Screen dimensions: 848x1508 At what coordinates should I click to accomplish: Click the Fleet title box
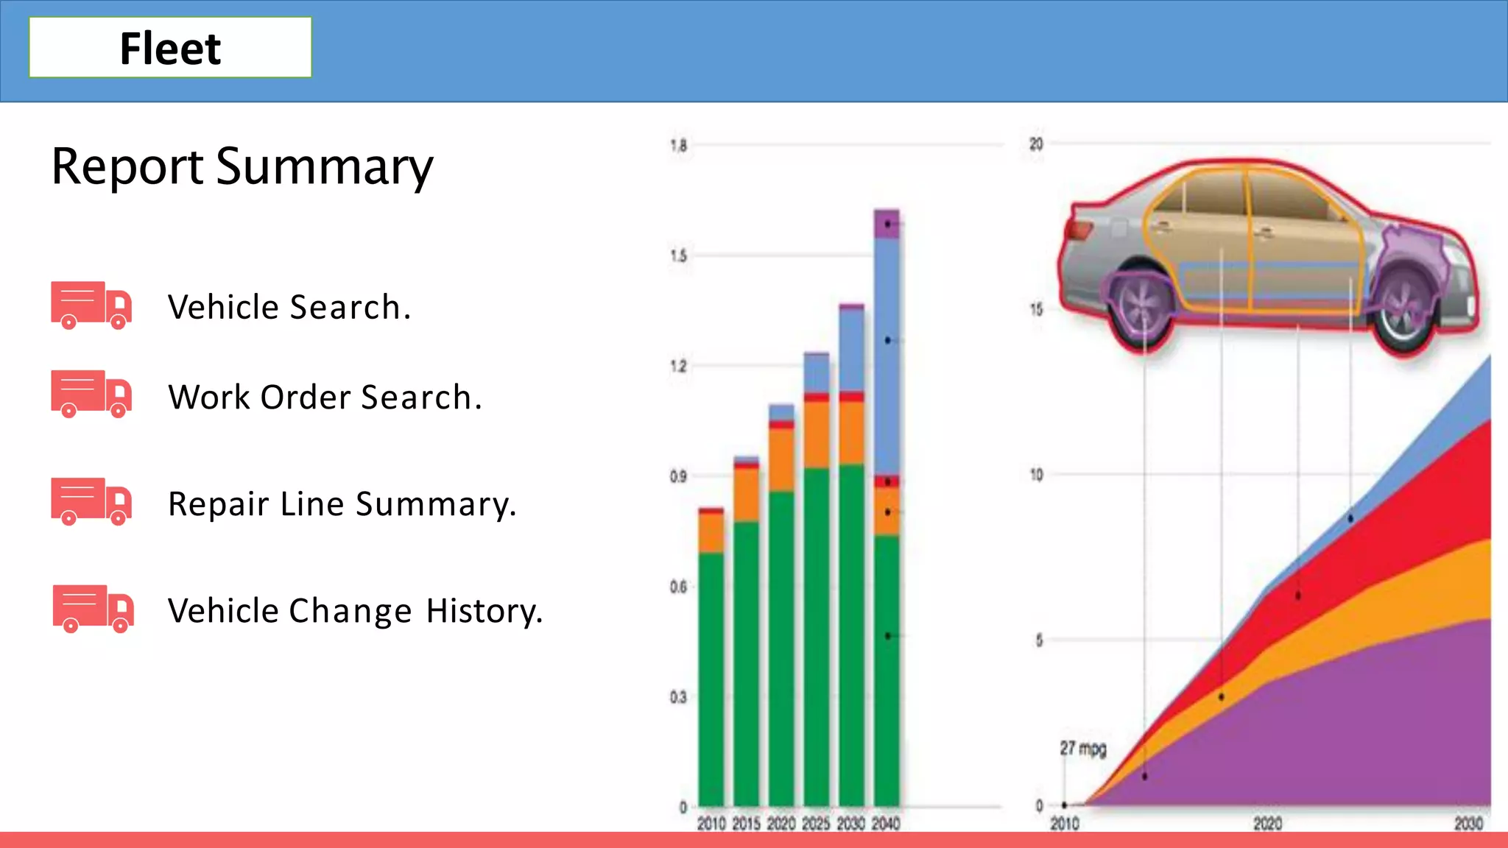(x=170, y=48)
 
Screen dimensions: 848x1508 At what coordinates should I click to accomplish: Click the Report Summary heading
(x=242, y=166)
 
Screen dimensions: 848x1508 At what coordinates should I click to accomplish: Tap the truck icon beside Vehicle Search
(x=91, y=305)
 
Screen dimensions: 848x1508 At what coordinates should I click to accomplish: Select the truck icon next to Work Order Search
(x=91, y=394)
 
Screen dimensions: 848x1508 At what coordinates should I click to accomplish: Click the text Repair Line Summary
(x=342, y=504)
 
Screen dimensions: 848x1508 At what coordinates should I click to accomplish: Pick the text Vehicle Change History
(x=355, y=611)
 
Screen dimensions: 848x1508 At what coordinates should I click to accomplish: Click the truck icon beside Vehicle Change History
(x=93, y=609)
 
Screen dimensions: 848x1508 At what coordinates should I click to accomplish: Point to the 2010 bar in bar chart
(x=711, y=662)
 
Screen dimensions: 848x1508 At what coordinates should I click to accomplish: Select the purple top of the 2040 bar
(x=887, y=224)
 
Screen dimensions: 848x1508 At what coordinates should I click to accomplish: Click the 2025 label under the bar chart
(x=816, y=824)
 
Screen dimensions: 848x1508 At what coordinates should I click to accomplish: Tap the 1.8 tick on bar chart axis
(x=678, y=145)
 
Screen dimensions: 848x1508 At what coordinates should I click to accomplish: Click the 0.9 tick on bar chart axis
(x=678, y=476)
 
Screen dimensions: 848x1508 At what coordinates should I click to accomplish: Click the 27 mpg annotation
(x=1082, y=749)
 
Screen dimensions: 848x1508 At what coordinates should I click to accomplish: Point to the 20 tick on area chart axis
(x=1036, y=144)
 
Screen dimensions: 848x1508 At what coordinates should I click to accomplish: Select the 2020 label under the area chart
(x=1267, y=824)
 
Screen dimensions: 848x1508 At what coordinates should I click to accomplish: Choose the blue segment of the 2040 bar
(x=887, y=353)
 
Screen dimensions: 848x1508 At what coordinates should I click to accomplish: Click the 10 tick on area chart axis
(x=1036, y=475)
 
